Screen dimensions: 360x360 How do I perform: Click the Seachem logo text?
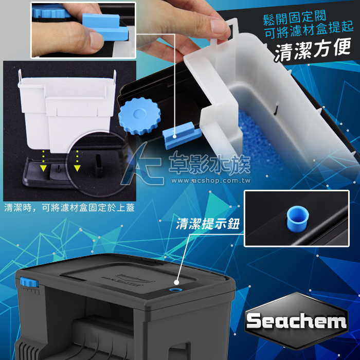pos(296,321)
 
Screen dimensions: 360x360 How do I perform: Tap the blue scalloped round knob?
pos(139,116)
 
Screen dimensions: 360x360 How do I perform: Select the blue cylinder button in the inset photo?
pos(298,219)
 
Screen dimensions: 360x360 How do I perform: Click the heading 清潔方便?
pos(313,49)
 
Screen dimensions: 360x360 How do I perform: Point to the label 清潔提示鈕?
pos(208,224)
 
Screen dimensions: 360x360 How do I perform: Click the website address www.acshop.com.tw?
pos(211,181)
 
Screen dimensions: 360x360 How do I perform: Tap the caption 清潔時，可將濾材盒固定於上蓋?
pos(69,208)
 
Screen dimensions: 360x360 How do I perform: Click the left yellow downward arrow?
pos(43,168)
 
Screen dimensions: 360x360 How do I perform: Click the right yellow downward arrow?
pos(77,168)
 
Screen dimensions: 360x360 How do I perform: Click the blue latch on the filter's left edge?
pos(29,282)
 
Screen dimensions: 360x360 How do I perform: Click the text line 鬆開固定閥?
pos(295,17)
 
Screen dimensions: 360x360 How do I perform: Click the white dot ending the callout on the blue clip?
pos(174,137)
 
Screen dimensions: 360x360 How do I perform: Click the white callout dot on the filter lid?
pos(176,282)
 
